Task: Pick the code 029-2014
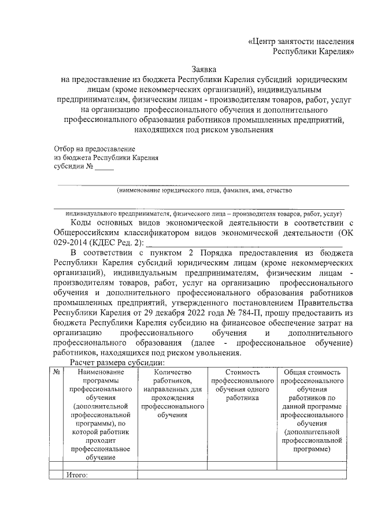(x=72, y=242)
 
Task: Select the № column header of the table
(x=57, y=373)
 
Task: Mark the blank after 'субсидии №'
(x=105, y=168)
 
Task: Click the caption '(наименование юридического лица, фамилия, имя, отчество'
(x=204, y=190)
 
